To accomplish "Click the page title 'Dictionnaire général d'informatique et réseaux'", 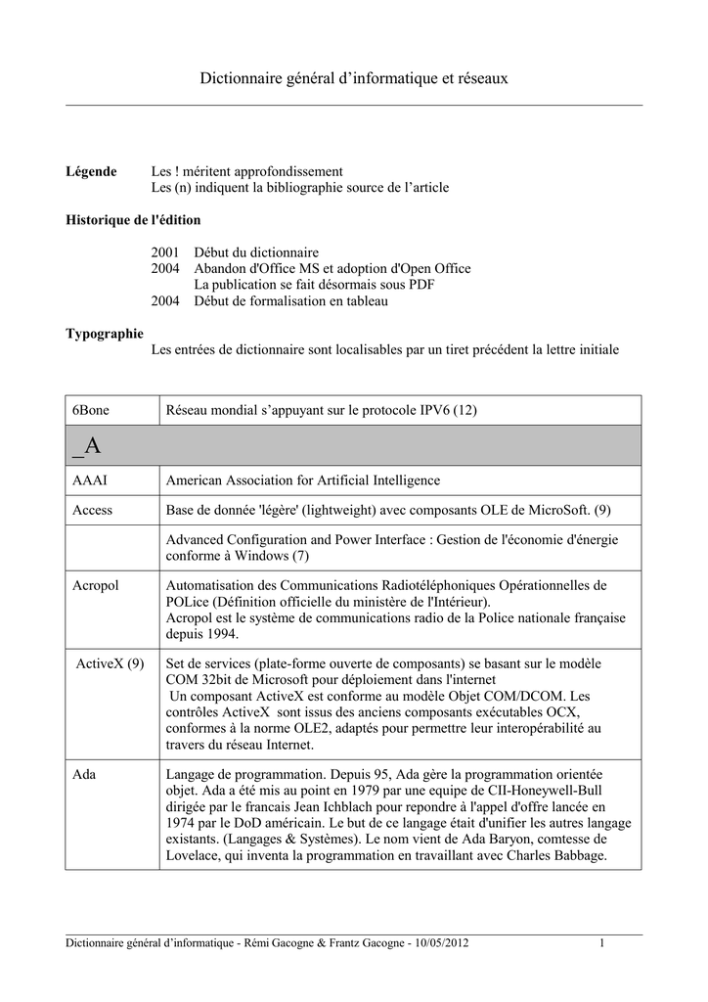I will click(354, 76).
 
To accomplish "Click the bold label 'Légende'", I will click(91, 171).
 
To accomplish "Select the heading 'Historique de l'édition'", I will click(133, 219).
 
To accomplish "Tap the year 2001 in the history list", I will click(165, 252).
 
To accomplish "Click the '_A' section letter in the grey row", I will click(86, 446).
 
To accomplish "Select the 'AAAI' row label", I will click(89, 480).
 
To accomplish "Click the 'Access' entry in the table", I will click(93, 510).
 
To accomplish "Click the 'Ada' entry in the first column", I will click(84, 773).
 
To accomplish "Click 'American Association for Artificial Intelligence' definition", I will click(303, 480).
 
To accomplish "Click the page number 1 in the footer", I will click(602, 942).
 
